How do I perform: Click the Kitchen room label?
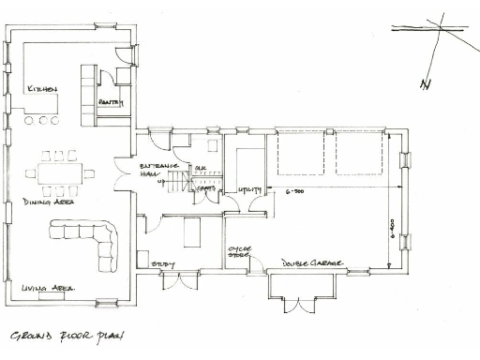pyautogui.click(x=41, y=89)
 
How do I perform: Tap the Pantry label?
pyautogui.click(x=112, y=104)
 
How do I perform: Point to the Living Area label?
pyautogui.click(x=48, y=289)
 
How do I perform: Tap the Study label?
pyautogui.click(x=164, y=265)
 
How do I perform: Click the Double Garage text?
pyautogui.click(x=311, y=263)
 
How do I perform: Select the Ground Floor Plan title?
pyautogui.click(x=66, y=336)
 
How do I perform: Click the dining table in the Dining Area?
pyautogui.click(x=64, y=172)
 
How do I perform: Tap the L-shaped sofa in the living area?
pyautogui.click(x=89, y=238)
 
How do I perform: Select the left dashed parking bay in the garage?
pyautogui.click(x=300, y=152)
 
